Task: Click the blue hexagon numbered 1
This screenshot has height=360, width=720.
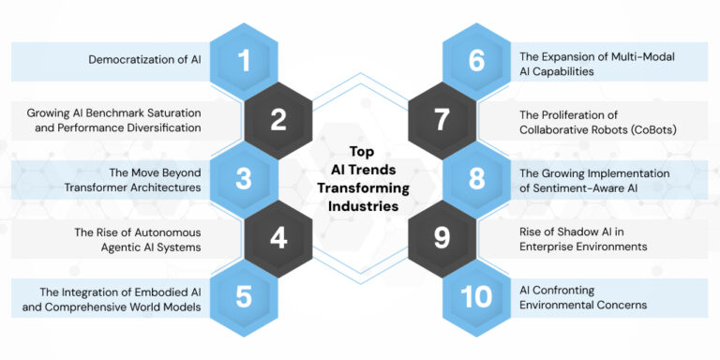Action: (244, 61)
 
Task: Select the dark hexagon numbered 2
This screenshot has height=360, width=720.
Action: (278, 120)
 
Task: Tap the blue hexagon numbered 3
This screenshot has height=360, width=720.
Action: (244, 178)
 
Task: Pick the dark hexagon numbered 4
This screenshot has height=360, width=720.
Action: (278, 237)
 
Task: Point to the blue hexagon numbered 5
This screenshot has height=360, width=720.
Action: (244, 296)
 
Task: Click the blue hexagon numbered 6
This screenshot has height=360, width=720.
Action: (477, 61)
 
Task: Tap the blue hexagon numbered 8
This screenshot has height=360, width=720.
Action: (477, 178)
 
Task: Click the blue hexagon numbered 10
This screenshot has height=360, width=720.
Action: (477, 296)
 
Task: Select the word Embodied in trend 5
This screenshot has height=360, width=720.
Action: (164, 290)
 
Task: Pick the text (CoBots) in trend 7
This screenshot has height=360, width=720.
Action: (658, 129)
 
